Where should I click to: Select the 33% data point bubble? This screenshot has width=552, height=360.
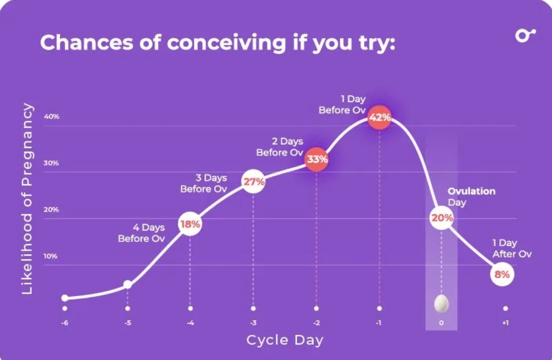(317, 160)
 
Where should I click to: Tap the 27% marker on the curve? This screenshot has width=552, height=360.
(254, 182)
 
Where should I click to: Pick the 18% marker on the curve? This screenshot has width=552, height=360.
(190, 223)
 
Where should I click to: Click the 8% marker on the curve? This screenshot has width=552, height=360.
(502, 274)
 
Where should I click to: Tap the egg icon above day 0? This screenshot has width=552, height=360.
(441, 304)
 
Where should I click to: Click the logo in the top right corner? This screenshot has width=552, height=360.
(525, 36)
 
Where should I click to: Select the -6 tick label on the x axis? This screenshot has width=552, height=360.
(65, 324)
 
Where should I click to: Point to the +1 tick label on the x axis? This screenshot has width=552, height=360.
(506, 324)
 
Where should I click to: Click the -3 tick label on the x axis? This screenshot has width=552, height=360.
(253, 324)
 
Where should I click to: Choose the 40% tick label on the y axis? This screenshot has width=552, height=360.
(52, 116)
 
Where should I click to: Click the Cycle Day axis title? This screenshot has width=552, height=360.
(285, 340)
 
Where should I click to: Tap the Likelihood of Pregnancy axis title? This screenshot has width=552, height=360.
(28, 199)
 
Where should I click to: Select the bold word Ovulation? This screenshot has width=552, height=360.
(472, 191)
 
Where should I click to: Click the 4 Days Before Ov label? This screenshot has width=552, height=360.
(142, 233)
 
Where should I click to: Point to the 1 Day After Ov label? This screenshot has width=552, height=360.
(512, 249)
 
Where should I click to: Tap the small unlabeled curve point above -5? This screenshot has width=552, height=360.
(128, 284)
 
